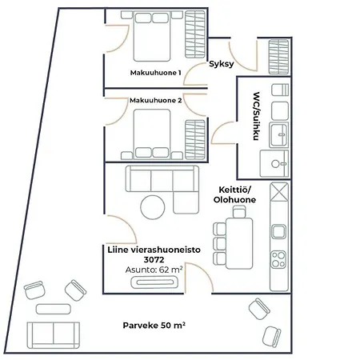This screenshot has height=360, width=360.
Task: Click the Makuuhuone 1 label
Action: (155, 73)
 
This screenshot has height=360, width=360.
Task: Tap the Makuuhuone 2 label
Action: (156, 100)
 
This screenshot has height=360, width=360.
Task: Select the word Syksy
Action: (222, 64)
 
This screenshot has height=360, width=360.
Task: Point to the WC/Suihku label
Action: (256, 116)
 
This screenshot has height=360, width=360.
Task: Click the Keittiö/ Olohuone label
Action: (234, 195)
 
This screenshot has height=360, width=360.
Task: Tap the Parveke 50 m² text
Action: (154, 326)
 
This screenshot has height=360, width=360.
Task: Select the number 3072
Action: (154, 259)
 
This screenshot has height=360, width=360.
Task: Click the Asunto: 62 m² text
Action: (154, 270)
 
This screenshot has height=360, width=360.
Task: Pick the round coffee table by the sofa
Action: (153, 207)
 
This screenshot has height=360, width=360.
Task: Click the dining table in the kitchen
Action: (239, 243)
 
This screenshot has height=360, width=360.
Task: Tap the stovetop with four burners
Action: (278, 259)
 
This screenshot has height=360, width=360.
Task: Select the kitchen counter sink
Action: (279, 231)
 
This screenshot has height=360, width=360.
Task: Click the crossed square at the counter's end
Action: (279, 192)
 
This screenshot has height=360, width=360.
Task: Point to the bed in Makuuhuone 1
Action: (152, 36)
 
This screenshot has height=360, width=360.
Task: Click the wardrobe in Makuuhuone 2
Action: (195, 140)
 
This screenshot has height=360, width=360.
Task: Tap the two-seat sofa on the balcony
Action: (54, 335)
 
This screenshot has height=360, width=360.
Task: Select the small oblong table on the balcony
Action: (54, 309)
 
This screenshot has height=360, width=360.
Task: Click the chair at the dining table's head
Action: (239, 212)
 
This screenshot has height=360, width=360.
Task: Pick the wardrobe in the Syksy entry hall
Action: (278, 57)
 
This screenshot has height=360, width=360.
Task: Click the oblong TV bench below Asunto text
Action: (154, 282)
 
